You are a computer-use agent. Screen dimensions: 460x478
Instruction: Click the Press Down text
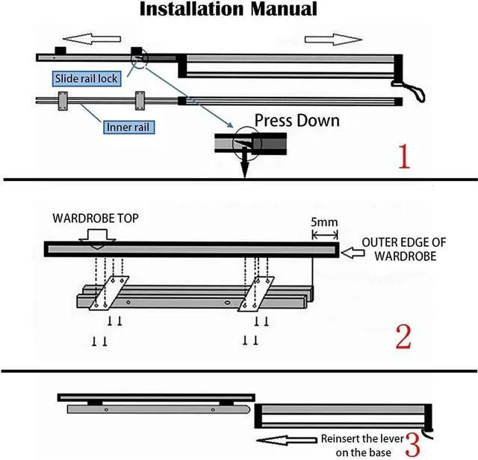297,120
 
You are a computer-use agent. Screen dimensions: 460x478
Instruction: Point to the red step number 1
403,157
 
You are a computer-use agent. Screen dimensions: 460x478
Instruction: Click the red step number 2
403,336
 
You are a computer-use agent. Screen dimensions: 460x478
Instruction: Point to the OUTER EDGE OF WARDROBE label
408,249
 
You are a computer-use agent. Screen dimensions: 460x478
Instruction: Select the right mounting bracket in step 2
254,293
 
